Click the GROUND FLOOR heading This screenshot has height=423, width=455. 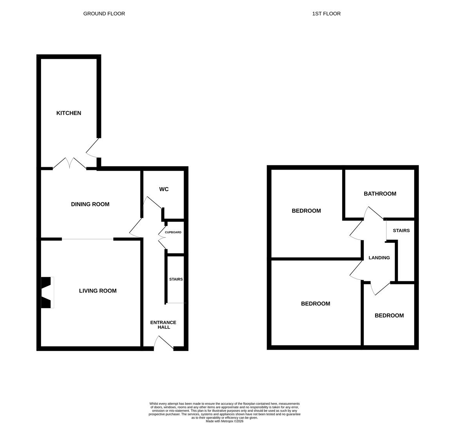point(104,14)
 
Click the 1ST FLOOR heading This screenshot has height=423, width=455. point(326,14)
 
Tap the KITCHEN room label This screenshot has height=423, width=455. point(69,113)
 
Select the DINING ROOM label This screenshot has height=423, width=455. point(90,204)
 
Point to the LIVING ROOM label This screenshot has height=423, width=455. point(98,291)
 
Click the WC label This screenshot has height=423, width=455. point(164,190)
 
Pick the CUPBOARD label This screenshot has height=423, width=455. point(173,233)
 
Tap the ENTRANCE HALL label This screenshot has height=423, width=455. point(163,325)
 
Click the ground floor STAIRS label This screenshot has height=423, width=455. point(176,280)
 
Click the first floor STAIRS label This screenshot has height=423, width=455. point(401,231)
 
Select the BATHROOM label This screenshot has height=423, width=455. point(380,194)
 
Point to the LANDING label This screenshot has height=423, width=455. point(379,258)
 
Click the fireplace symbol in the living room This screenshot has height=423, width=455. point(47,292)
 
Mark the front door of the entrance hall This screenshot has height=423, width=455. point(163,343)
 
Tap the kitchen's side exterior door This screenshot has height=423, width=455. point(93,148)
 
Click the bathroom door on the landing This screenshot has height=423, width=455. point(374,213)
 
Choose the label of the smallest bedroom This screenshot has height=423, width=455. point(389,316)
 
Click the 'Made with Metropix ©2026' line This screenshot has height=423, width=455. point(224,421)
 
